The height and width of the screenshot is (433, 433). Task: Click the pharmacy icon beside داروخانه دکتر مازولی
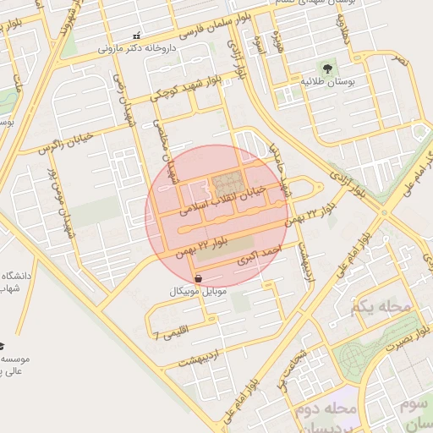point(139,36)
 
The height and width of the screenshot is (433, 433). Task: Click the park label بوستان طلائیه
point(326,81)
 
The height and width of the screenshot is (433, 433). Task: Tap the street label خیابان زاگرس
point(70,143)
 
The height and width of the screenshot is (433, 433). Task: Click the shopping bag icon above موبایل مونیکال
point(197,277)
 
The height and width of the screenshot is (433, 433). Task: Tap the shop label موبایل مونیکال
point(198,290)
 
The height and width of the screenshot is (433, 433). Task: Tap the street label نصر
point(398,62)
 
